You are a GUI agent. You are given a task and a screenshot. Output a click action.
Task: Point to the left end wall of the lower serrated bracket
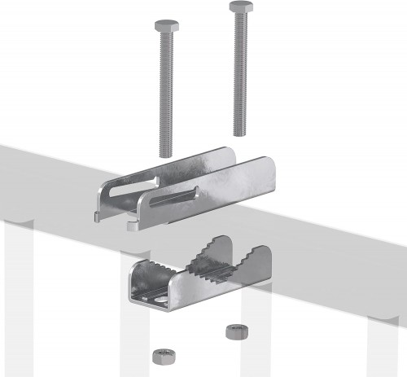(136, 281)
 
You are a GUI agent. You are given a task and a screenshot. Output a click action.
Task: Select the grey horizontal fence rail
(342, 204)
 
